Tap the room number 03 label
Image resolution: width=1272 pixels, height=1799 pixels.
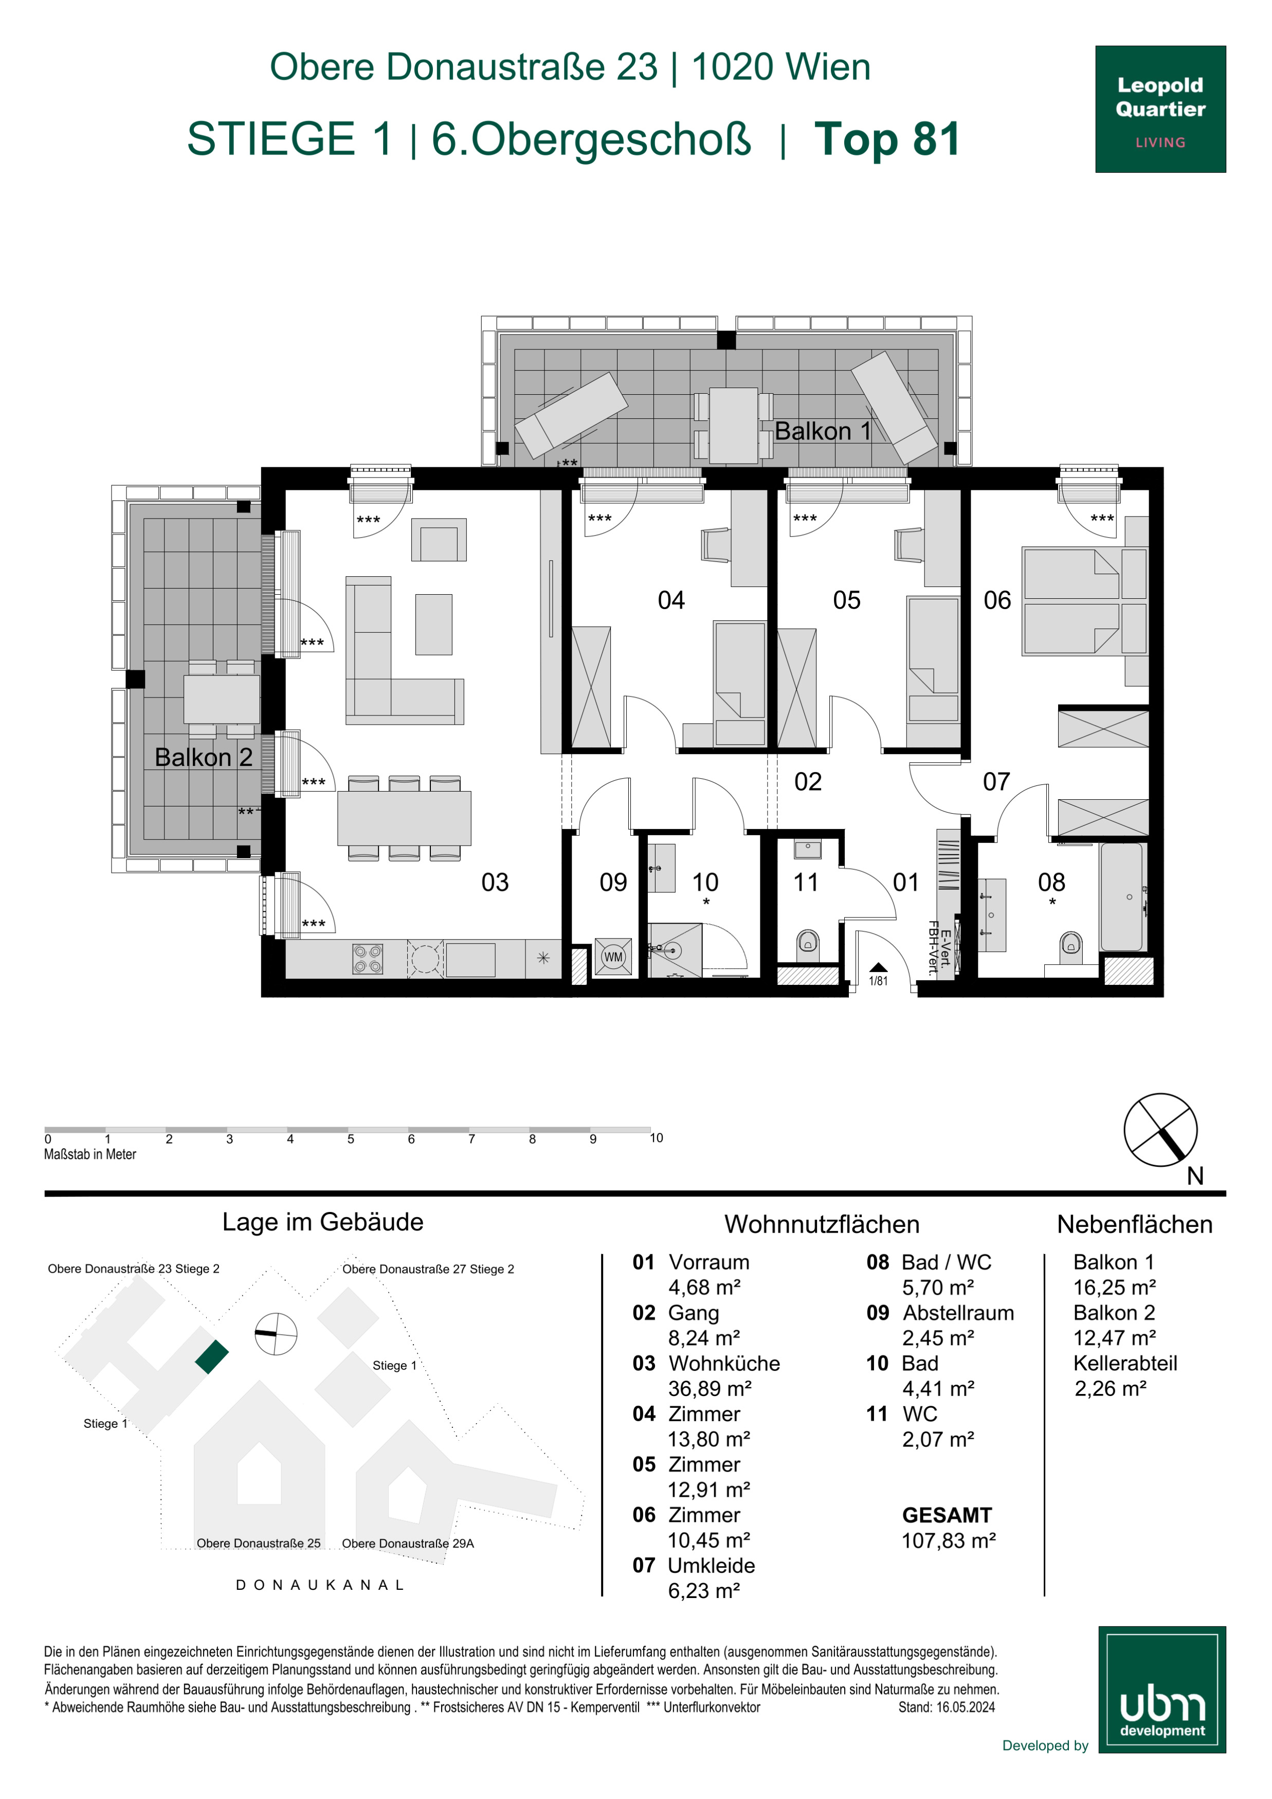[x=495, y=882]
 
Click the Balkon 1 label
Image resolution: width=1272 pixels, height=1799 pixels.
[x=823, y=431]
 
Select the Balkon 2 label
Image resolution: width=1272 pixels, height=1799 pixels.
[x=204, y=757]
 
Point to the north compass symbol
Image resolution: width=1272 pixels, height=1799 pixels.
[x=1161, y=1130]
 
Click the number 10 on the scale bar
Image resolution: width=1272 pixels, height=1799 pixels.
[x=656, y=1137]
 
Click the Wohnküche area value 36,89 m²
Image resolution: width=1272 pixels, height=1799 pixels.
[x=710, y=1388]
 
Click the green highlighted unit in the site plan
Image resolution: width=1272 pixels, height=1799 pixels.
[x=212, y=1356]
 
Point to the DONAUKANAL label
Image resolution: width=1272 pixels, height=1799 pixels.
[x=320, y=1584]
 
